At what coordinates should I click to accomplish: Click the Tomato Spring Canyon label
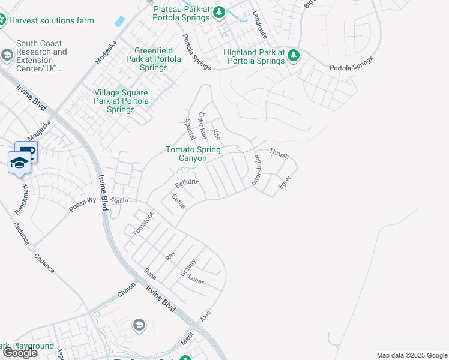click(193, 154)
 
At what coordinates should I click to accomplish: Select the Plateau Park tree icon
click(220, 11)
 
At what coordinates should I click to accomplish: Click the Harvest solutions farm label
click(52, 20)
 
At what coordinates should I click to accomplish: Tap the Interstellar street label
click(256, 171)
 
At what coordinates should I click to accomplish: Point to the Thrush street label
click(279, 154)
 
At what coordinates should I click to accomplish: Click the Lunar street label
click(196, 280)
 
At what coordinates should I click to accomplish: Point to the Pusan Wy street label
click(82, 203)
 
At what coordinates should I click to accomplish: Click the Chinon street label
click(127, 290)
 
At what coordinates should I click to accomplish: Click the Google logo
click(20, 353)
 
